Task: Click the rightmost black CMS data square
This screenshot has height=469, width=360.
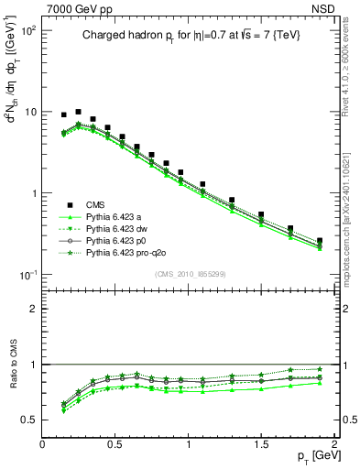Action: [319, 241]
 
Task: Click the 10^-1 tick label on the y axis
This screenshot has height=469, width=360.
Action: [29, 276]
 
